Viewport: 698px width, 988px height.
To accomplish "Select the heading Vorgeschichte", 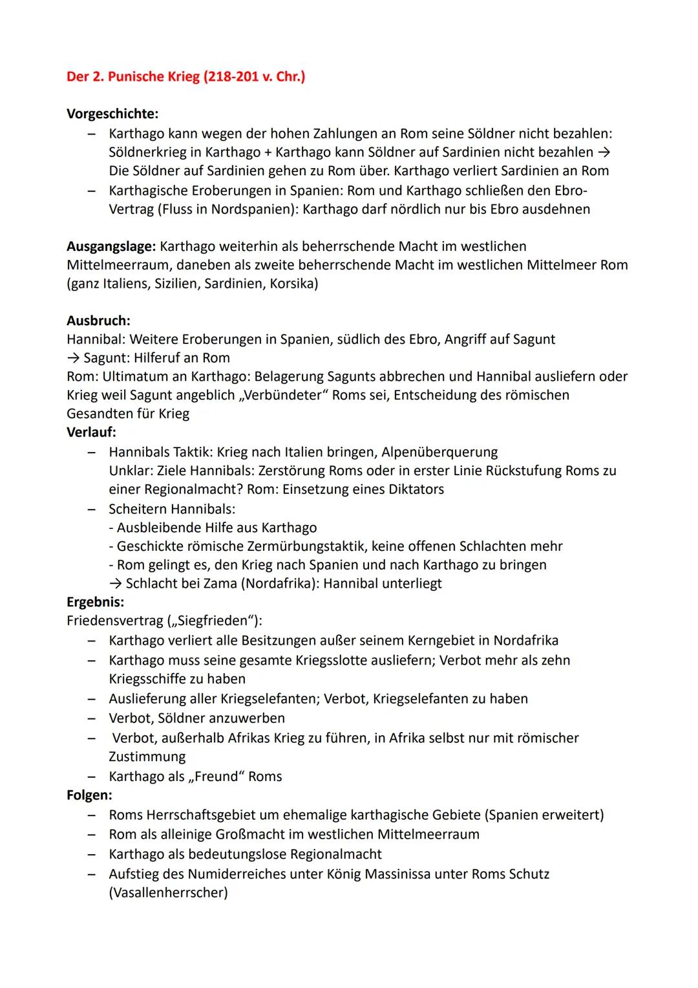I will [112, 114].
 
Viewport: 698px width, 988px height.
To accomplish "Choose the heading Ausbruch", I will [98, 321].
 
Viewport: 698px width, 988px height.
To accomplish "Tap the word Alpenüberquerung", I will [439, 452].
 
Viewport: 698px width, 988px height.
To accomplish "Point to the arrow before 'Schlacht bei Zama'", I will [116, 584].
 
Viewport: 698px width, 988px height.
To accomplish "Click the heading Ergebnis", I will [95, 602].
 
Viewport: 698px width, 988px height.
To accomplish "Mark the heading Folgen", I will [89, 795].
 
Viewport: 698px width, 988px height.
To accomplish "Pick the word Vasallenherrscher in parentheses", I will [168, 893].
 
